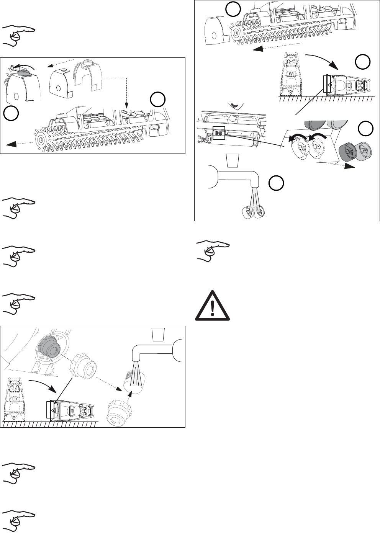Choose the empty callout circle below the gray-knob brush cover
click(x=11, y=113)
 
